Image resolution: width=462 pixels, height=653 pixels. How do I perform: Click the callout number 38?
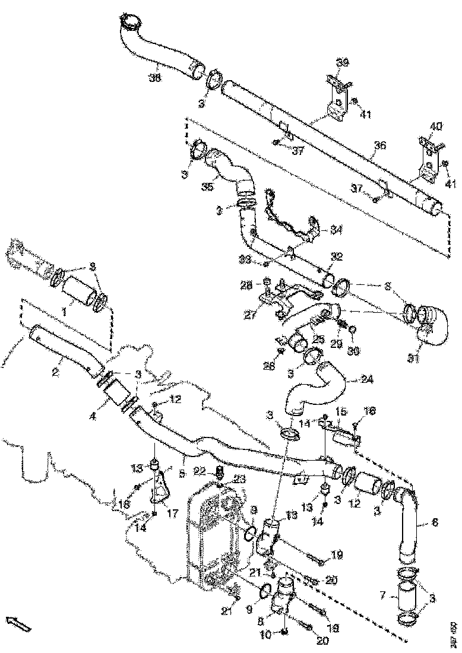coord(155,77)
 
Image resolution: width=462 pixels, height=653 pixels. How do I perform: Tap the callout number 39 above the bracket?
coord(343,62)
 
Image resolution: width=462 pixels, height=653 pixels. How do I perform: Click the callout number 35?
coord(207,187)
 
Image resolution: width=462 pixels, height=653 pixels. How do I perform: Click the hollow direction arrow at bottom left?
coord(18,623)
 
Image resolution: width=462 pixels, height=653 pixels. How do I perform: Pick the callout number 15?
coord(341,411)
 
